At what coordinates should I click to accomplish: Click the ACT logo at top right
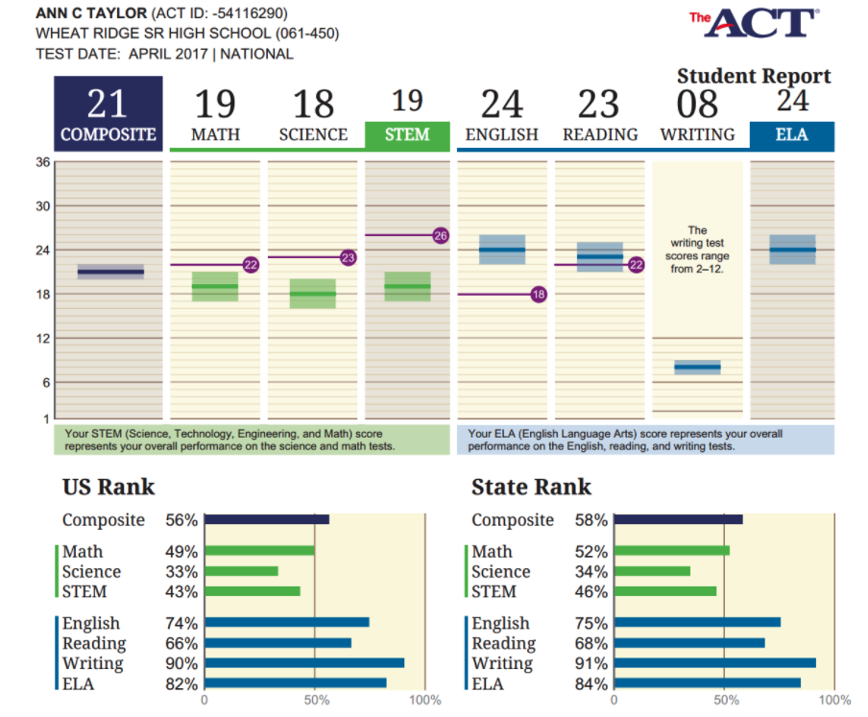click(753, 24)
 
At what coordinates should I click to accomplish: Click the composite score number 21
click(108, 104)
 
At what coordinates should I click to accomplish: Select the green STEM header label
click(407, 135)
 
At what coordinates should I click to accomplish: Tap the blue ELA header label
click(792, 135)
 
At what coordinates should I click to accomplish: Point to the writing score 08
click(697, 104)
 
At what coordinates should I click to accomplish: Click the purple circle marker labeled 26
click(441, 235)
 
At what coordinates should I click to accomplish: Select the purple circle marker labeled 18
click(539, 295)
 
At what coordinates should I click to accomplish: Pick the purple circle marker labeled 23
click(348, 257)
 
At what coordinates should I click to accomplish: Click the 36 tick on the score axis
click(43, 162)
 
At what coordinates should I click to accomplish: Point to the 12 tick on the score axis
click(43, 338)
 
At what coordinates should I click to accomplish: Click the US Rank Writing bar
click(304, 662)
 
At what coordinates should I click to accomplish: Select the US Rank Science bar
click(241, 571)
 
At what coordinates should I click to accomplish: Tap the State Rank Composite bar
click(678, 519)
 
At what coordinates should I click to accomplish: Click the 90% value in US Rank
click(181, 663)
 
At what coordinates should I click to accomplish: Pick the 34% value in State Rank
click(591, 572)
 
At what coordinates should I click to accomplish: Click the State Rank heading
click(531, 487)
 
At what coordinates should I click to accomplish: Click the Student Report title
click(754, 76)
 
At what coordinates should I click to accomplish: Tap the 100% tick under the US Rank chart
click(424, 701)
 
